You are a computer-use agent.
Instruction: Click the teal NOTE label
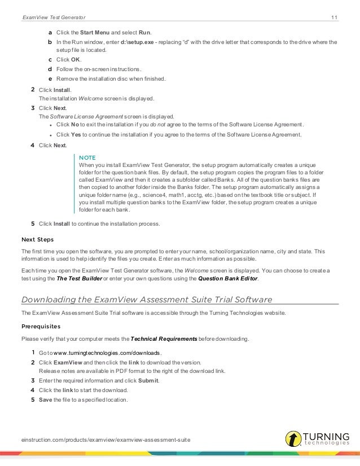[x=87, y=156]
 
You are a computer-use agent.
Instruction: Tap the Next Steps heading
[x=37, y=239]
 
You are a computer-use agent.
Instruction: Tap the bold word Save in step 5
[x=45, y=400]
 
